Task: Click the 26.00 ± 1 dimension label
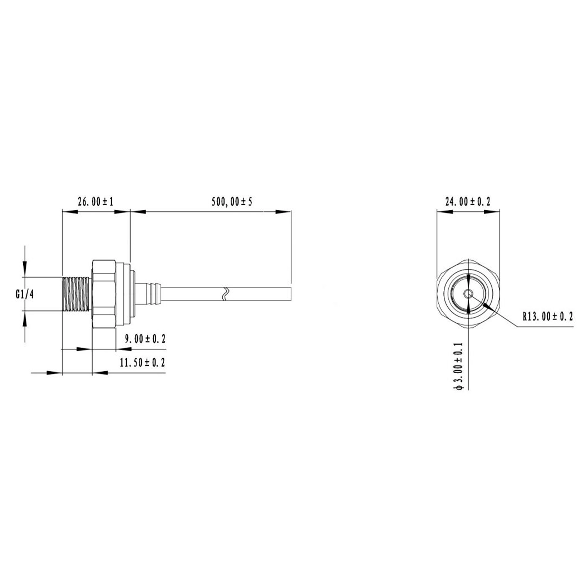[96, 202]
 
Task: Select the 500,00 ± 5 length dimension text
[232, 202]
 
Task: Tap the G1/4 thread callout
[25, 294]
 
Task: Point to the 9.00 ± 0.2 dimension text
[145, 339]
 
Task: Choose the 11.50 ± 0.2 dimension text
[143, 362]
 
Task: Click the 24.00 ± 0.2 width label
[468, 202]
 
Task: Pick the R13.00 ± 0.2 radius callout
[548, 316]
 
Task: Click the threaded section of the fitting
[76, 294]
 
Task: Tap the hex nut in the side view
[104, 294]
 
